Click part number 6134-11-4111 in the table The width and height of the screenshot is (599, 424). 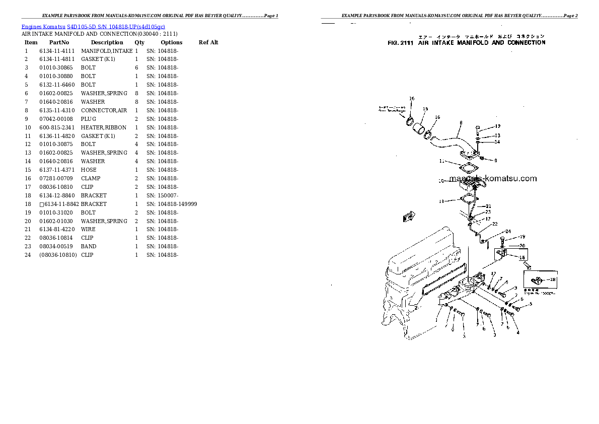(x=56, y=51)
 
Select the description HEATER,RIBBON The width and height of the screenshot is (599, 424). (x=104, y=127)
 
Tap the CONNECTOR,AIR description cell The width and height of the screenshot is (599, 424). (x=104, y=110)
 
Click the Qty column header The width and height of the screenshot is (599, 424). (x=139, y=42)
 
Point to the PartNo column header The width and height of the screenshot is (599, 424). (x=59, y=42)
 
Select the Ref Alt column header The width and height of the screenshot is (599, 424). (x=208, y=42)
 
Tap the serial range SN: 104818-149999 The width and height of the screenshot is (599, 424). (x=172, y=204)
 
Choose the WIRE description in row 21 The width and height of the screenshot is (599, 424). (x=88, y=229)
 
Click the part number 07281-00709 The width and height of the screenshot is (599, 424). (x=56, y=178)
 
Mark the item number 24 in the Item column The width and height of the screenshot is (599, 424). (x=27, y=255)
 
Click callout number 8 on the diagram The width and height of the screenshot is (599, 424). (x=461, y=122)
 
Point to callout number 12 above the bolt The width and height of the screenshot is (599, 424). (x=497, y=126)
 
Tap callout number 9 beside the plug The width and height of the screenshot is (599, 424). (x=495, y=161)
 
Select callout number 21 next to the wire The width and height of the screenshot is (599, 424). (x=488, y=206)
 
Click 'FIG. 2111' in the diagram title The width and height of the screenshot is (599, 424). (x=400, y=43)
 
